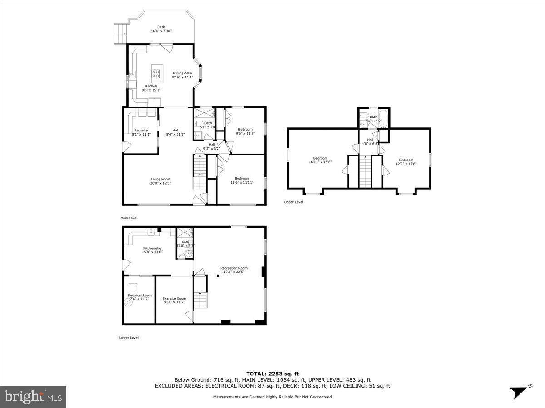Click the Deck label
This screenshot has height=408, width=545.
(161, 27)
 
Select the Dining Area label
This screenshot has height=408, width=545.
(182, 73)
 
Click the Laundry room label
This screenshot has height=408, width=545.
(141, 130)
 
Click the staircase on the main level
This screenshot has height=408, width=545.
(200, 172)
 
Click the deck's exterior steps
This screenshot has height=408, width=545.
(119, 33)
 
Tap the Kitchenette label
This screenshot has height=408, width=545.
(152, 248)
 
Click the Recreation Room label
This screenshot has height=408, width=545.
(234, 268)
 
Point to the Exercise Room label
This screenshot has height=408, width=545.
(174, 298)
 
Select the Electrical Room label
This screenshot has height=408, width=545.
(139, 295)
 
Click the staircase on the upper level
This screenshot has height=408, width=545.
(365, 171)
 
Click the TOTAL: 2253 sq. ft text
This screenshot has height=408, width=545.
(272, 374)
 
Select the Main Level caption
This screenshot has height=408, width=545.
(129, 218)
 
